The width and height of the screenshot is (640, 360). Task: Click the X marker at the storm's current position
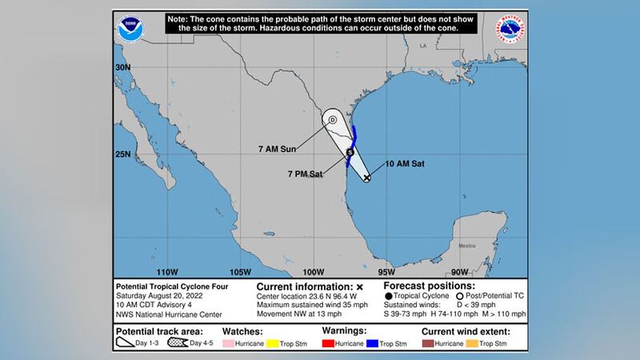[x=366, y=178]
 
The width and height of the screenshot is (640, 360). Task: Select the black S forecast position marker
[x=350, y=151]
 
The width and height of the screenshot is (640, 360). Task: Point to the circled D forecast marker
[x=332, y=121]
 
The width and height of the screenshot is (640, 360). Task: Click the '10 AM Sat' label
[x=406, y=164]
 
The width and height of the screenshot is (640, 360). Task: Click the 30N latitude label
[x=122, y=68]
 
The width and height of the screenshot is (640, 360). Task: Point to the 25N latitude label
[x=122, y=154]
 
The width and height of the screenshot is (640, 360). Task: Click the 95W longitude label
[x=387, y=270]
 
